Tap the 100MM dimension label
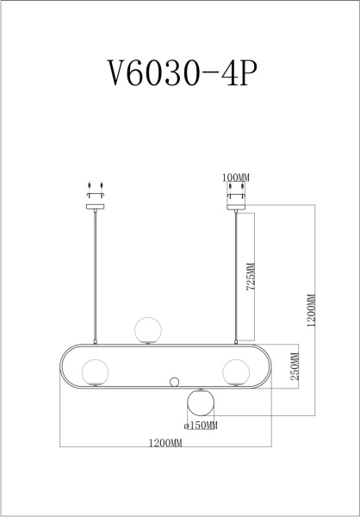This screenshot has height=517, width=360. click(x=235, y=178)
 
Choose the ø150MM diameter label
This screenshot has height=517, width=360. click(x=201, y=425)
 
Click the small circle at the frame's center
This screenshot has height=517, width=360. click(x=175, y=382)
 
